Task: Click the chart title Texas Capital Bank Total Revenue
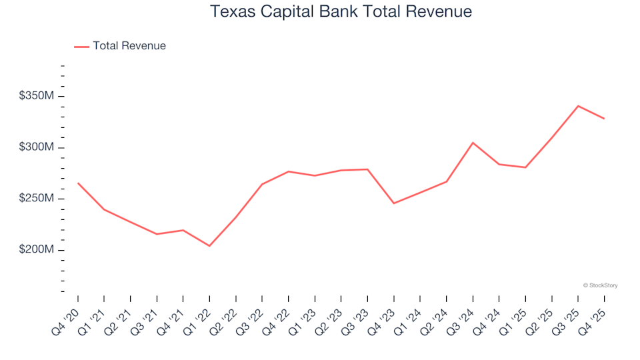[341, 11]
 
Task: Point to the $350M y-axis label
[37, 97]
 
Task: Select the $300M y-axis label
[37, 147]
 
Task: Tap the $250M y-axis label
[37, 199]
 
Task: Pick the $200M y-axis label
[37, 250]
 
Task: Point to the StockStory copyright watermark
[600, 285]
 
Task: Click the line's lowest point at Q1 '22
[209, 246]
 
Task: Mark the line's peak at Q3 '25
[578, 106]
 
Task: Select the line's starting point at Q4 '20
[78, 183]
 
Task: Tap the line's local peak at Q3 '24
[473, 143]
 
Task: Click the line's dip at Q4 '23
[393, 203]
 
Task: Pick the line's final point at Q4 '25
[604, 119]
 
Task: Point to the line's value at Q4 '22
[288, 171]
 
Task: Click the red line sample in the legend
[81, 47]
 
